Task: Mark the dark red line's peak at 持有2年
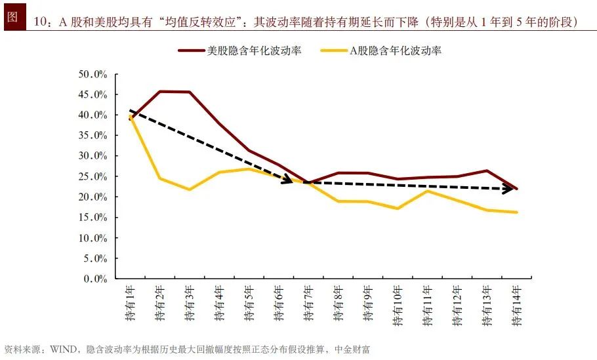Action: pos(160,91)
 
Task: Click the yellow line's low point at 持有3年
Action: pos(190,190)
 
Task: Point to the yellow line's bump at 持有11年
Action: pos(427,191)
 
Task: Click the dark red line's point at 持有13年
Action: pos(486,170)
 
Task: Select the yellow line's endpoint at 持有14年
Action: pos(516,212)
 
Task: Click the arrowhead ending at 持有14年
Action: pos(510,190)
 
